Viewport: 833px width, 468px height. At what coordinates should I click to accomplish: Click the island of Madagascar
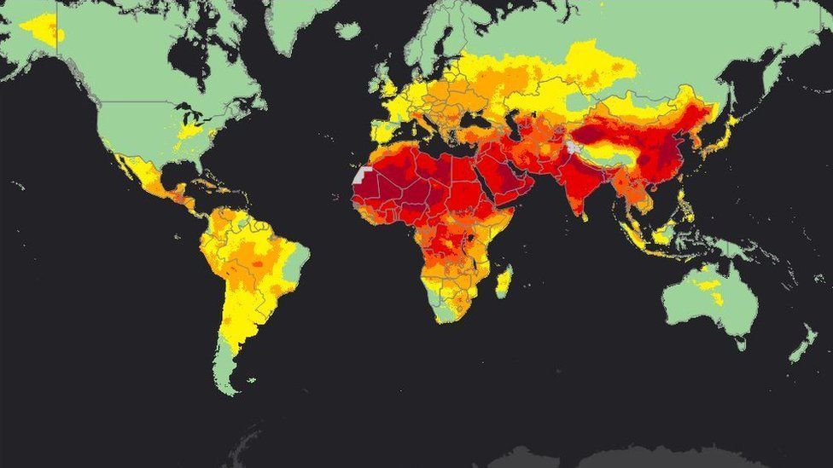[504, 281]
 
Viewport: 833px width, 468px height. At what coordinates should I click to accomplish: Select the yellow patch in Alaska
[43, 29]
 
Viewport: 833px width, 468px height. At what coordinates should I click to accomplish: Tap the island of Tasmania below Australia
[740, 342]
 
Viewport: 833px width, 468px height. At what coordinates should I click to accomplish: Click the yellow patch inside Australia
[711, 290]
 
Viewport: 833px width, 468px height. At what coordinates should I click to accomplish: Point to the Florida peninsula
[197, 162]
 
